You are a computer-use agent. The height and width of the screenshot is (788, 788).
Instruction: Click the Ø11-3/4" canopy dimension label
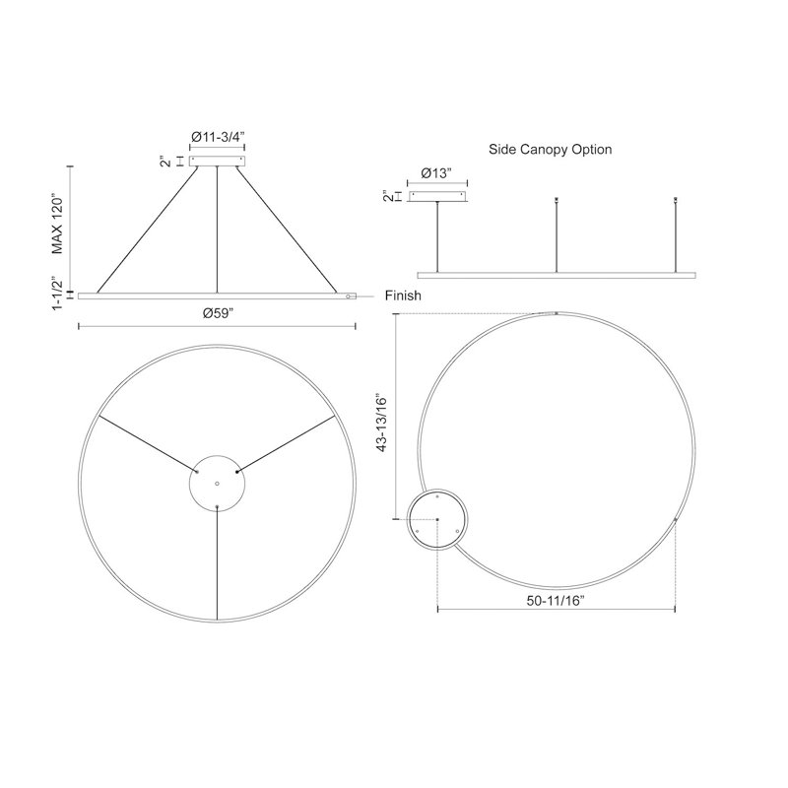(x=217, y=136)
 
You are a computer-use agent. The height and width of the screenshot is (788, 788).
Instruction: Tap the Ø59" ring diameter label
(x=219, y=313)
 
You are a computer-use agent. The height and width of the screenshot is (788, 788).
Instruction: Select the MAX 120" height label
(x=58, y=225)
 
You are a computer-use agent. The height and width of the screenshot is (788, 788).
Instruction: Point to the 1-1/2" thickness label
(x=58, y=293)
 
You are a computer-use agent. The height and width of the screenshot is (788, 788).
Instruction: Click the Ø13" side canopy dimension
(x=436, y=173)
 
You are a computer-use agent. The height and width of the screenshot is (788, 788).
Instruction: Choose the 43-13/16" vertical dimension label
(x=382, y=425)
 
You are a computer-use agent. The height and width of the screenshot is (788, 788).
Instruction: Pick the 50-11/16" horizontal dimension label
(x=556, y=600)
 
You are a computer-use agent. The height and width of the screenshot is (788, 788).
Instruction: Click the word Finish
(x=403, y=295)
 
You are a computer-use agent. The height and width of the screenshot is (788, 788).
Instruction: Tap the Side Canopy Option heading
(x=551, y=150)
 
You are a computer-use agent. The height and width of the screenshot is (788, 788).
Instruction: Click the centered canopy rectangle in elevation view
(x=217, y=161)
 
